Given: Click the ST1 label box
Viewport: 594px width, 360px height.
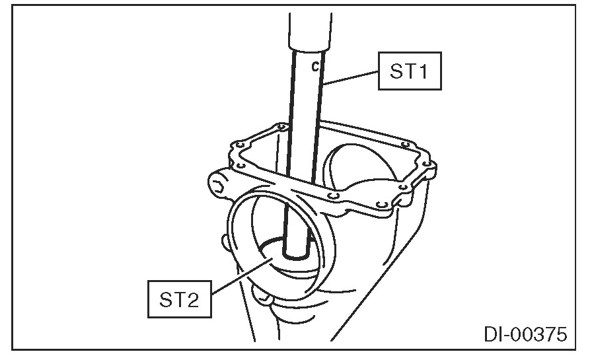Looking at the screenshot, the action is [x=409, y=71].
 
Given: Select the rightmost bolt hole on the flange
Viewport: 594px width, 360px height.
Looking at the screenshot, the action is [x=426, y=163].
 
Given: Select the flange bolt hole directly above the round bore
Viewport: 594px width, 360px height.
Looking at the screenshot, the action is [x=334, y=196].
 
